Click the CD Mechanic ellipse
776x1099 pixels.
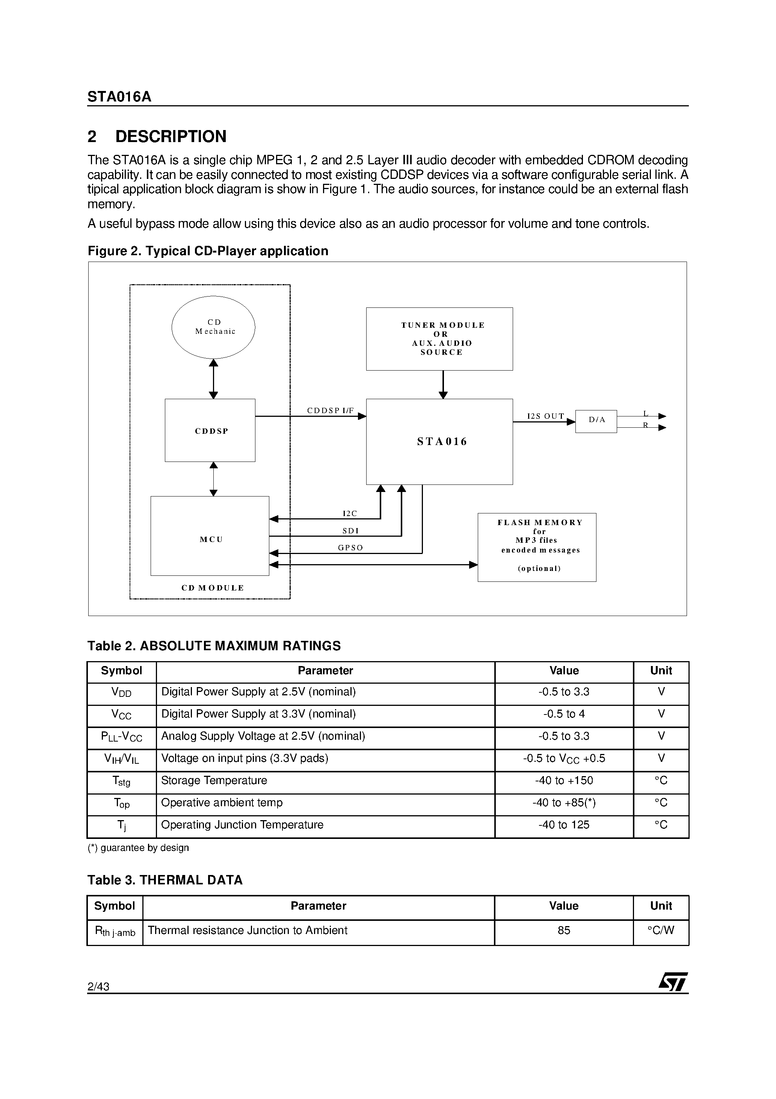[213, 327]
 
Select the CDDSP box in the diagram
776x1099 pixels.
[210, 430]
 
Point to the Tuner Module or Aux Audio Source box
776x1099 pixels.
[439, 339]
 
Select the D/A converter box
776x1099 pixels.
[596, 421]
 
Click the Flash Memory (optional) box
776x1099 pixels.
[537, 547]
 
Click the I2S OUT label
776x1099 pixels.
[545, 416]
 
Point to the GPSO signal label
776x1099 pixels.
[350, 548]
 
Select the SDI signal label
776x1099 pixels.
[350, 531]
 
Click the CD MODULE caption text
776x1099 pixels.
[213, 588]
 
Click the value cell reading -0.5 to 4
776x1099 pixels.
[563, 714]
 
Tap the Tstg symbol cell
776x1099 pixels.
[122, 781]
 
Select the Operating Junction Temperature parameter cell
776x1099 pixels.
[242, 825]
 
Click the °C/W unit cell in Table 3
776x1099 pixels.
[661, 930]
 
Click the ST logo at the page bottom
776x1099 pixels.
[673, 982]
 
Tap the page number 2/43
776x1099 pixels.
[98, 986]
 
